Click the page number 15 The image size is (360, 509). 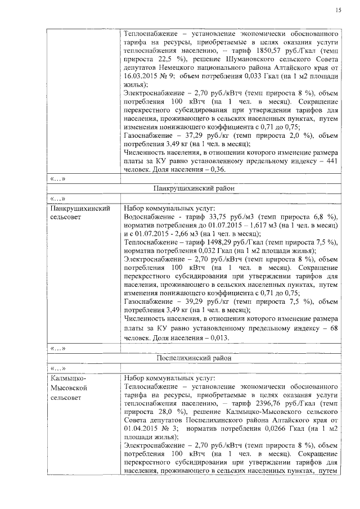(338, 10)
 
